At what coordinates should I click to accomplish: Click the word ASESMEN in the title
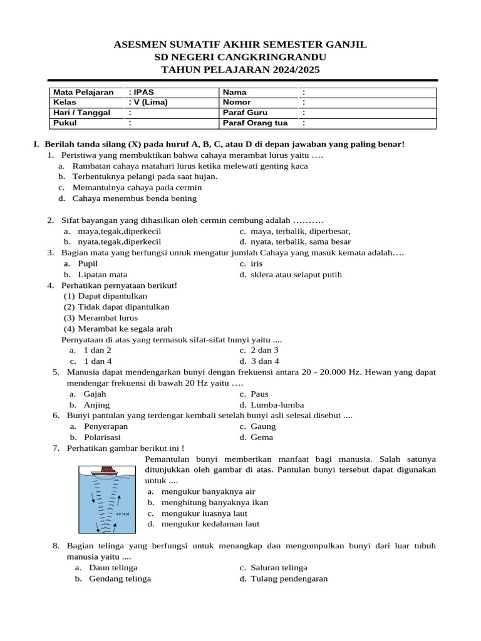(140, 44)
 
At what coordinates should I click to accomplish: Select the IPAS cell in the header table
(141, 92)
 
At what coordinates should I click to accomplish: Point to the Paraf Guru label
(246, 113)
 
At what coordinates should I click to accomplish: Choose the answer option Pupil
(88, 264)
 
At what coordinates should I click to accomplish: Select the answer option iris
(256, 264)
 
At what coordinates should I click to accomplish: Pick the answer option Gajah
(95, 394)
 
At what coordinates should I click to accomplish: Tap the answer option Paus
(259, 394)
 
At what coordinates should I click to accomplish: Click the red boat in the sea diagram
(105, 470)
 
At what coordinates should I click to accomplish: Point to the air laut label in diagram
(123, 513)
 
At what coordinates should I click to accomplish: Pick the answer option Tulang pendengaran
(289, 578)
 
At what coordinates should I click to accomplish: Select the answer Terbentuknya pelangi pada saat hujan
(145, 177)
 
